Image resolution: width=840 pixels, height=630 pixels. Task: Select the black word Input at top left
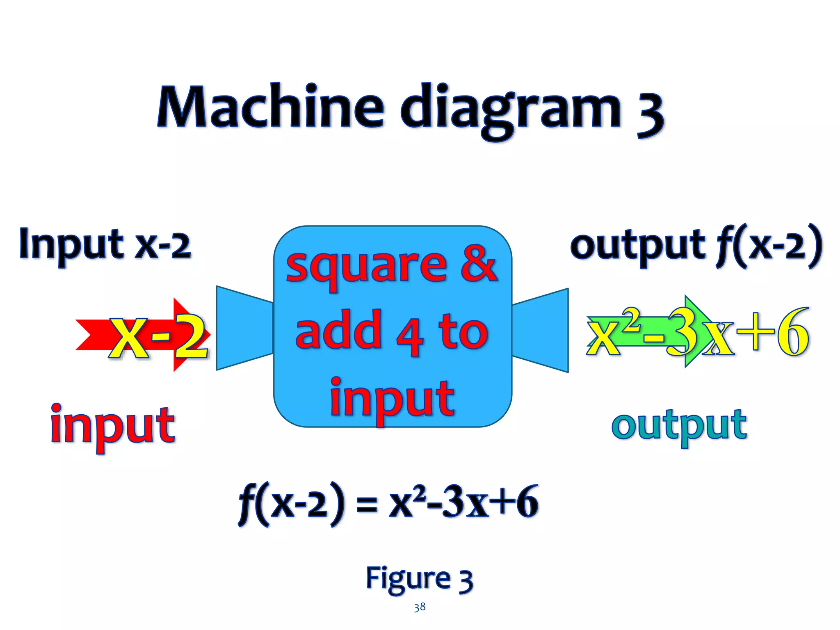point(72,245)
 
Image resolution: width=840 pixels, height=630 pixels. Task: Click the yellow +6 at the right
point(773,331)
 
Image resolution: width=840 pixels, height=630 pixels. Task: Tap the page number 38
point(419,607)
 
